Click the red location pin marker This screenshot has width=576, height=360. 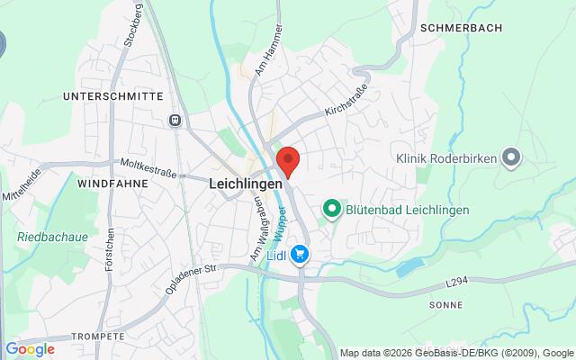coord(288,161)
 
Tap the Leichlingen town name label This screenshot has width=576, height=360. coord(245,182)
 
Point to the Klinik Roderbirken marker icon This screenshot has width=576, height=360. coord(511,158)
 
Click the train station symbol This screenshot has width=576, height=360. coord(175,120)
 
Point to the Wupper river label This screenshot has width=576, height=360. coord(281,224)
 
